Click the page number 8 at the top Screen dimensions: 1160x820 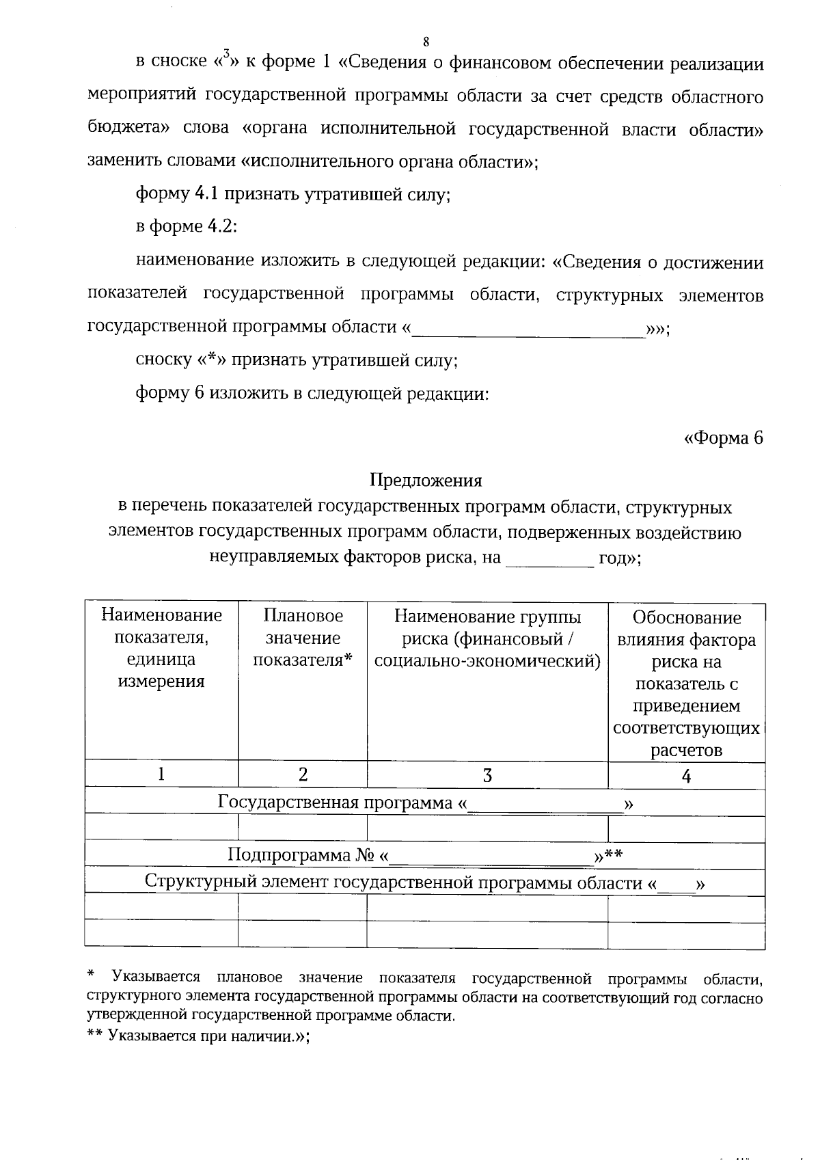click(x=426, y=42)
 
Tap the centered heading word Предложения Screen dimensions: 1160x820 click(x=426, y=481)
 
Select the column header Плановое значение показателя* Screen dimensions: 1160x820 click(x=302, y=638)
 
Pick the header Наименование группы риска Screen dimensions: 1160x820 click(x=487, y=639)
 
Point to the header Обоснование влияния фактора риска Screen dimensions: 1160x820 click(x=686, y=683)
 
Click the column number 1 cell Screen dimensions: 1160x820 click(x=161, y=774)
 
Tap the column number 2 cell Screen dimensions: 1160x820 click(x=303, y=774)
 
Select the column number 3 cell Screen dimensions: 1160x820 click(x=487, y=775)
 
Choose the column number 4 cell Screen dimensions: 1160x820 click(x=686, y=776)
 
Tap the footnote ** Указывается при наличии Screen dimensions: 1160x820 click(x=198, y=1036)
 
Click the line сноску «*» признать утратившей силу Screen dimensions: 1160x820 click(x=297, y=360)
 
